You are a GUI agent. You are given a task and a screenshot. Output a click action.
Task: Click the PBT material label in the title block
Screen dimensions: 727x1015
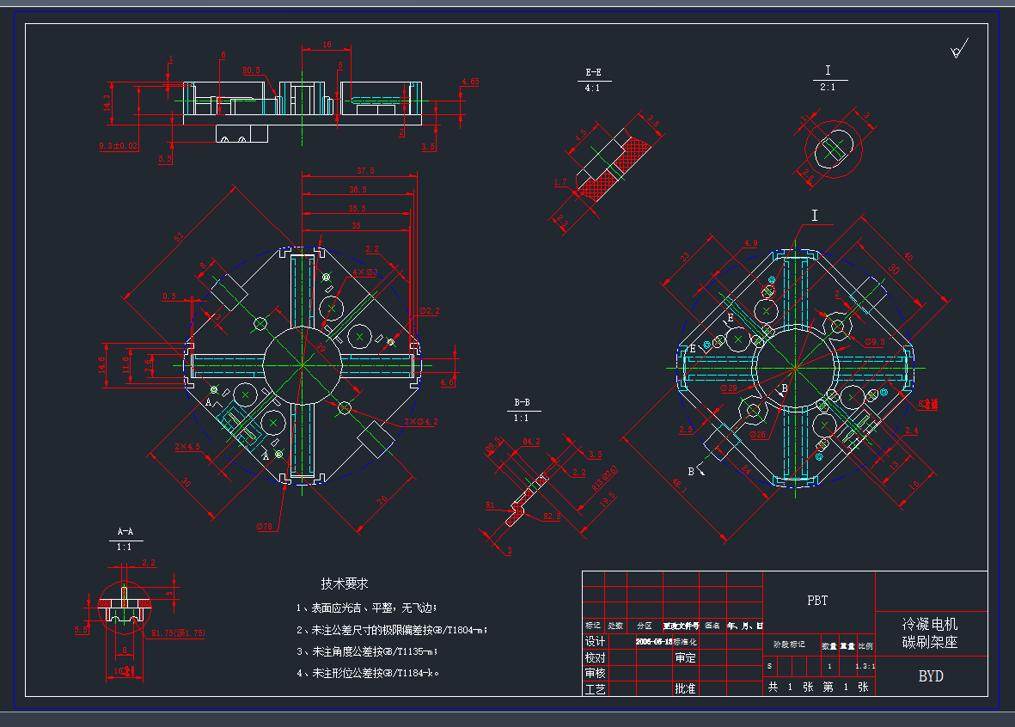[817, 601]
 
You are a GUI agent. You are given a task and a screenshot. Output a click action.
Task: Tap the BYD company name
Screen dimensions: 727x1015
[931, 676]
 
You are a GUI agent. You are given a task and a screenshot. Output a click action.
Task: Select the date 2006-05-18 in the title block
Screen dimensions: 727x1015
[653, 641]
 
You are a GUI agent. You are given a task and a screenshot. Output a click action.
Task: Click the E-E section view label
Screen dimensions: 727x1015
[593, 72]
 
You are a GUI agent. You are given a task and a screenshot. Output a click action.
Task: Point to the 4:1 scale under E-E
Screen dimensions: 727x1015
[593, 88]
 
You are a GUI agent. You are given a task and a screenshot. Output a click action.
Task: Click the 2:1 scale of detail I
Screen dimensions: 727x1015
[829, 87]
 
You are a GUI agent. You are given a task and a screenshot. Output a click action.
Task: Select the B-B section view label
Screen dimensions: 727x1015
[522, 402]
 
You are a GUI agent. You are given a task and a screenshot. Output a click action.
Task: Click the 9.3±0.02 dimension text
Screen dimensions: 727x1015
[118, 146]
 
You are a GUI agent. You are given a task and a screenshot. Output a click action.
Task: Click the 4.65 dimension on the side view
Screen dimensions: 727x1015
[470, 82]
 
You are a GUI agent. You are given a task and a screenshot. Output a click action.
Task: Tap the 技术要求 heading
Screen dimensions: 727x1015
[345, 583]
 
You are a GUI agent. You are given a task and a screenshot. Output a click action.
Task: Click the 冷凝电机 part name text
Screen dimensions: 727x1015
[930, 624]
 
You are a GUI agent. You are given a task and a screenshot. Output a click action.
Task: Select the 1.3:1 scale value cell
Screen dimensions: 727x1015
[865, 666]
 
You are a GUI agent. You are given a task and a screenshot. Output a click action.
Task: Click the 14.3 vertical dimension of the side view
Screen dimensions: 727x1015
[107, 103]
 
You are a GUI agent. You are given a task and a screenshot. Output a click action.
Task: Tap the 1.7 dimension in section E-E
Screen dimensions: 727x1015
[560, 182]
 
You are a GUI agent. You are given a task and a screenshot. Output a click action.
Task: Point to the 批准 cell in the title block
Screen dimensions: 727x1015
[685, 688]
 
